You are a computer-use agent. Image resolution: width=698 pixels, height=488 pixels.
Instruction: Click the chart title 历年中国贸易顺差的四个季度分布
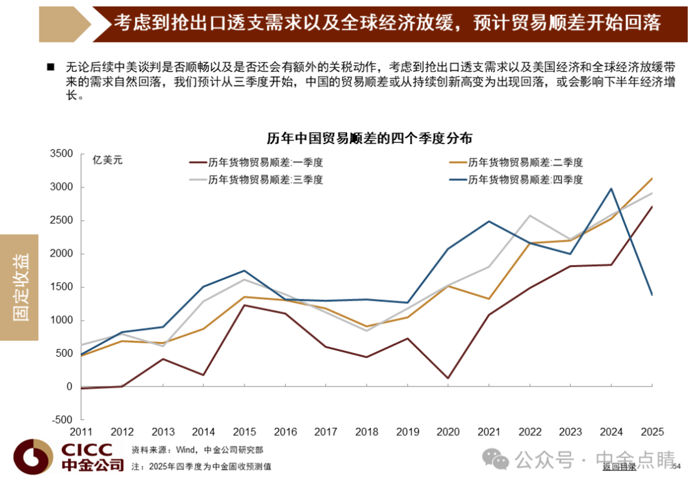click(x=370, y=138)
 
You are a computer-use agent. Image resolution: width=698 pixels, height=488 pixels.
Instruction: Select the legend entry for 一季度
click(x=256, y=162)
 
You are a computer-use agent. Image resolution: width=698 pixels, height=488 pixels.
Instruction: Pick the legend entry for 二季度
click(x=516, y=162)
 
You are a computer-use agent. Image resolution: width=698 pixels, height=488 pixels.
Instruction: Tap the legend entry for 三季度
click(x=256, y=180)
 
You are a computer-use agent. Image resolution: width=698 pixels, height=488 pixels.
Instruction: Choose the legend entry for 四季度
click(x=516, y=180)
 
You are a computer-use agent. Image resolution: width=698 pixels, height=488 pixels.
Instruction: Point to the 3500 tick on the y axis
click(x=61, y=154)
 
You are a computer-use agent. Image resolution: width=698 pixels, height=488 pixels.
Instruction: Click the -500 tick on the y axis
click(x=62, y=420)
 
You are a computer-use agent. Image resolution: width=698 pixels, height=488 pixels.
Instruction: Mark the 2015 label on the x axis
click(x=244, y=432)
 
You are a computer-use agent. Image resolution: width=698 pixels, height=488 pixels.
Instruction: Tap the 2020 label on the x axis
click(x=449, y=432)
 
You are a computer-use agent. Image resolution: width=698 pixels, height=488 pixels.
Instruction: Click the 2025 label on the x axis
click(x=652, y=432)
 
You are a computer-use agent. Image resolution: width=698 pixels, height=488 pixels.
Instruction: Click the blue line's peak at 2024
click(x=611, y=189)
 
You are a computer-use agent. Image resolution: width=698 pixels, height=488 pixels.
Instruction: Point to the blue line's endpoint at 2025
click(x=652, y=295)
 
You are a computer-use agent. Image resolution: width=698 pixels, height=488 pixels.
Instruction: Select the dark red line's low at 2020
click(x=449, y=379)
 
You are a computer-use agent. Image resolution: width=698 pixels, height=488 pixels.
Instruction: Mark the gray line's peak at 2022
click(x=530, y=215)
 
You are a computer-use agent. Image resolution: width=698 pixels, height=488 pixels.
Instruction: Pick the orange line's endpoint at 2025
click(x=652, y=178)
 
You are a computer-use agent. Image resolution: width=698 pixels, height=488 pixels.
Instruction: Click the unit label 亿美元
click(x=107, y=160)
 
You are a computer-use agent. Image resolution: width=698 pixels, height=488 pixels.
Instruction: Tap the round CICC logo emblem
click(x=34, y=457)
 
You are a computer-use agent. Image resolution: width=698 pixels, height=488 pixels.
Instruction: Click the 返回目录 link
click(x=619, y=467)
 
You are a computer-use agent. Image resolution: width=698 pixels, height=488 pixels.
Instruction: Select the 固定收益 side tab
click(x=19, y=287)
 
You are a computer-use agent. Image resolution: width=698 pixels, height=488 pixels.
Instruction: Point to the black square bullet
click(x=51, y=67)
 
